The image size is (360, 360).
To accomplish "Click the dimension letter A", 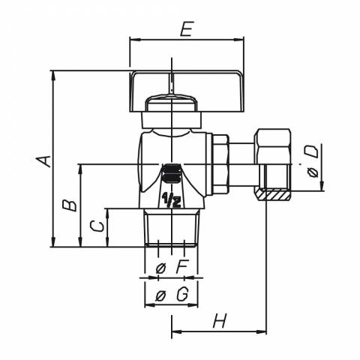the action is [43, 161].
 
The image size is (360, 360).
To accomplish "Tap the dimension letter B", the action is [70, 205].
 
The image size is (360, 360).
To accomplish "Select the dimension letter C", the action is [97, 226].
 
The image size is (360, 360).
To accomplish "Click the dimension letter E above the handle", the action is [187, 29].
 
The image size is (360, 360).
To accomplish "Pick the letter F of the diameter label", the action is [181, 268].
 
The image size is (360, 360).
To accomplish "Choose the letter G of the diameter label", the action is [182, 294].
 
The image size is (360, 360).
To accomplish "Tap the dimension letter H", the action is [220, 321].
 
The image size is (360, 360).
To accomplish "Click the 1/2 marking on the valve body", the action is [172, 200].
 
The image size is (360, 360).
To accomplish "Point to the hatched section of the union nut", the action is [273, 195].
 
